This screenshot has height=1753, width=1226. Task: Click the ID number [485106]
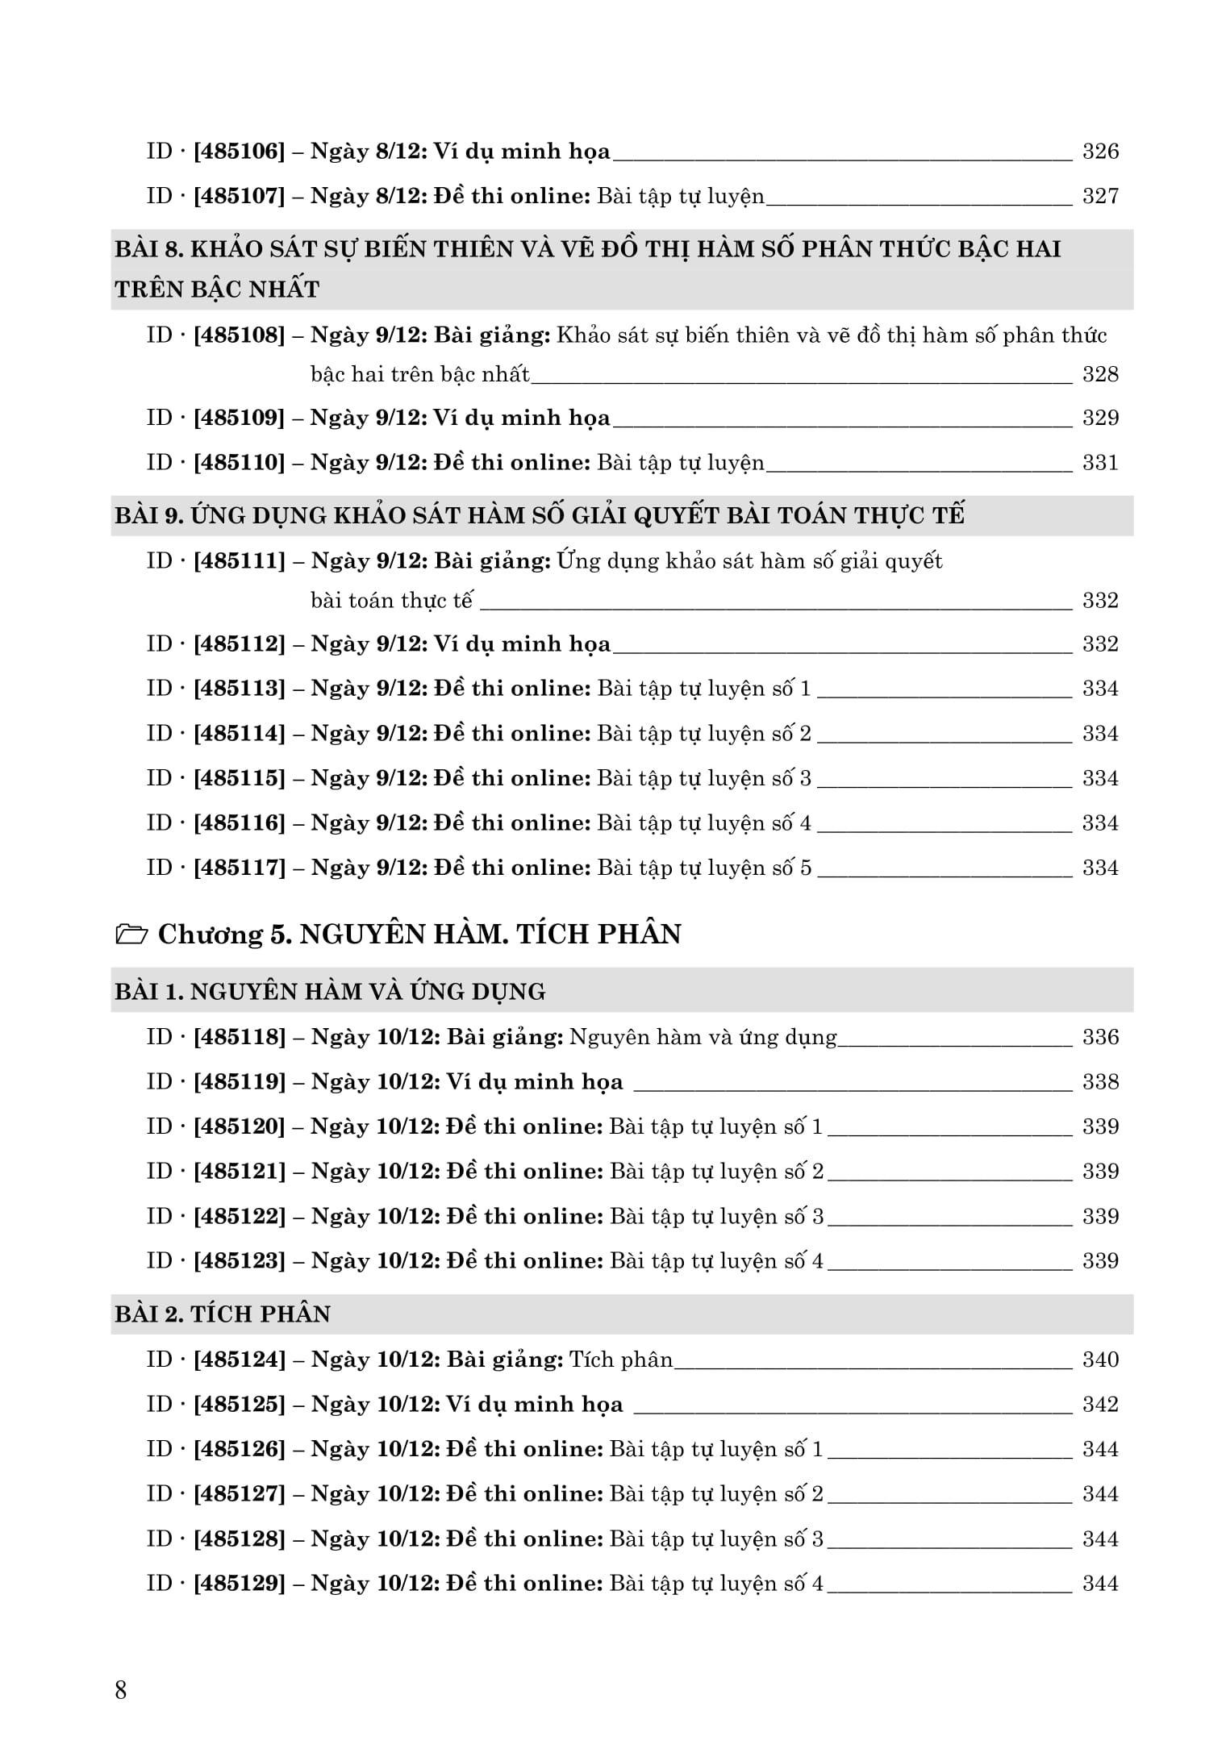pyautogui.click(x=240, y=152)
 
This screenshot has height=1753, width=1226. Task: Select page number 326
pyautogui.click(x=1100, y=152)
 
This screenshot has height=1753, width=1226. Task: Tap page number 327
pyautogui.click(x=1100, y=196)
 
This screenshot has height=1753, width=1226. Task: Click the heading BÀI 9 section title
pyautogui.click(x=539, y=515)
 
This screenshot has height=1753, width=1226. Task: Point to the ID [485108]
pyautogui.click(x=240, y=335)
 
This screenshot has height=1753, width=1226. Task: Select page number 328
pyautogui.click(x=1100, y=374)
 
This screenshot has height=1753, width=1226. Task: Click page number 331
pyautogui.click(x=1100, y=463)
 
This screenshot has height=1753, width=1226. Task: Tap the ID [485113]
pyautogui.click(x=240, y=689)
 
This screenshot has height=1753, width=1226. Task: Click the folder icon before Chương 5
pyautogui.click(x=131, y=935)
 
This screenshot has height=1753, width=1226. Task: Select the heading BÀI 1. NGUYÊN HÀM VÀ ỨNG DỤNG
pyautogui.click(x=330, y=991)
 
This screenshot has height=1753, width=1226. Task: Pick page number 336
pyautogui.click(x=1100, y=1037)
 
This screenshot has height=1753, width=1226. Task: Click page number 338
pyautogui.click(x=1100, y=1082)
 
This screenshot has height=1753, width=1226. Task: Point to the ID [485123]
pyautogui.click(x=240, y=1261)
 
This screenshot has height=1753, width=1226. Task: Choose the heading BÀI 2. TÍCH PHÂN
pyautogui.click(x=223, y=1314)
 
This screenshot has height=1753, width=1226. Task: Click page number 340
pyautogui.click(x=1100, y=1360)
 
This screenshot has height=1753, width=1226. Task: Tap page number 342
pyautogui.click(x=1100, y=1405)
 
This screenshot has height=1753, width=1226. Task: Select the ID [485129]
pyautogui.click(x=240, y=1584)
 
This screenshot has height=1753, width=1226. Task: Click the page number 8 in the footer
pyautogui.click(x=121, y=1690)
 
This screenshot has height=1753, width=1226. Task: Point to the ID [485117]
pyautogui.click(x=240, y=868)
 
